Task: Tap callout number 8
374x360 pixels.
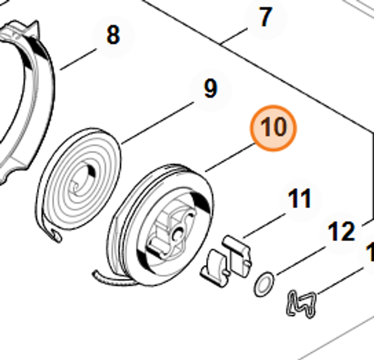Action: (x=113, y=36)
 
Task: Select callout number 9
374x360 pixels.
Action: (x=210, y=89)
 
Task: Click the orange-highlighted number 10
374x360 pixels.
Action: (x=273, y=127)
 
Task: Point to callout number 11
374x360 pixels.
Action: (x=300, y=199)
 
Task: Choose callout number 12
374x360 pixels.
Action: (x=341, y=232)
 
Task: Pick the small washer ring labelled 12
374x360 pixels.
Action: (x=264, y=284)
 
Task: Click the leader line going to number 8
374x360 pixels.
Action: (x=79, y=59)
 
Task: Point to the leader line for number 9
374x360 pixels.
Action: (x=157, y=123)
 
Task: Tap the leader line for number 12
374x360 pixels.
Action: (x=299, y=260)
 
